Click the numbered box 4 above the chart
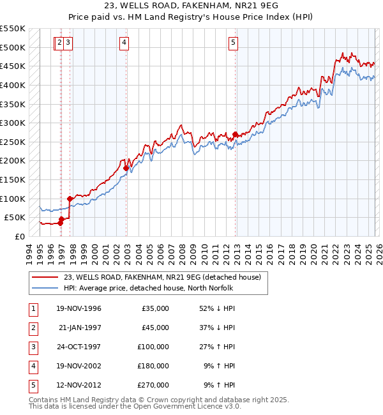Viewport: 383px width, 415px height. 124,43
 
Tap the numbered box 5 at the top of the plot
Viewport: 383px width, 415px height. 233,43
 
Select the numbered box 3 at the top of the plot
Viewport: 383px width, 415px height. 68,43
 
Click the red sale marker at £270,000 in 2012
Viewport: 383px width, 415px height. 236,135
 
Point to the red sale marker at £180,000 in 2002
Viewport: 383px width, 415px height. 126,169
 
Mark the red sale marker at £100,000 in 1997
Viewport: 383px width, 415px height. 70,199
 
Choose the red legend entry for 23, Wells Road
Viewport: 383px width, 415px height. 162,277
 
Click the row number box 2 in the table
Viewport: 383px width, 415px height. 32,328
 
